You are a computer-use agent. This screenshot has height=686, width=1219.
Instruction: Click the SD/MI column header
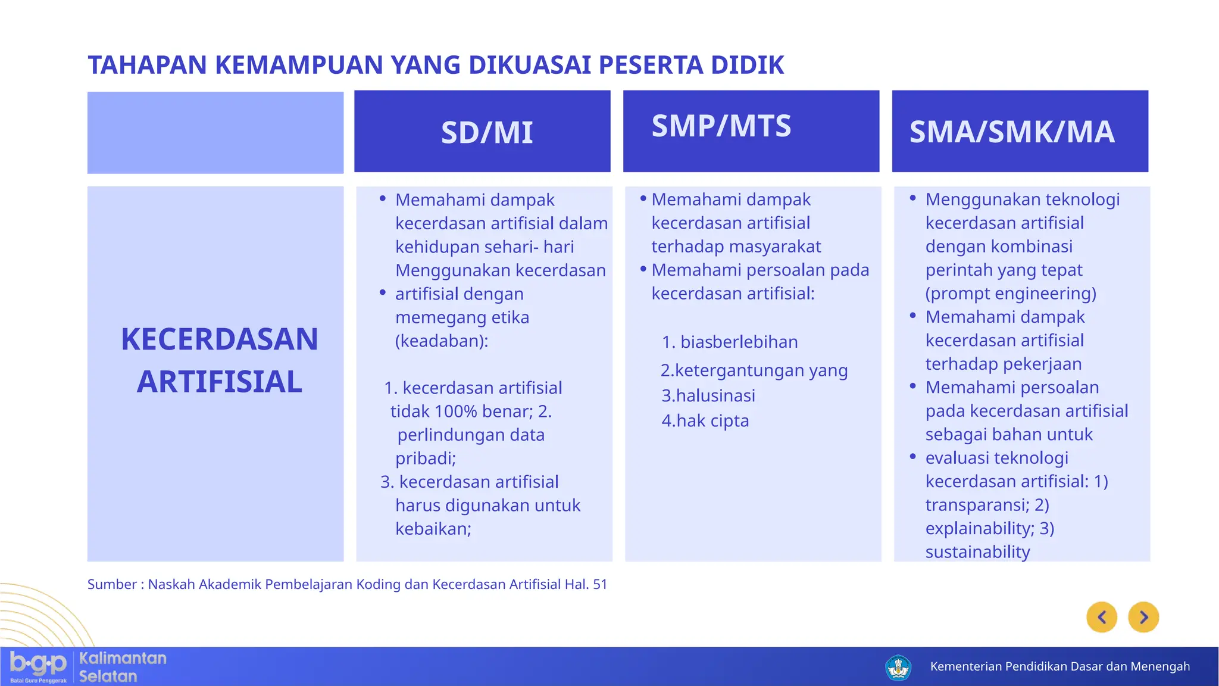486,132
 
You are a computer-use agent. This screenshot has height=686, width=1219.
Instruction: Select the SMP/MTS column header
721,126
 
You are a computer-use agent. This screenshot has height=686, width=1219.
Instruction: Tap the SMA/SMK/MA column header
1011,132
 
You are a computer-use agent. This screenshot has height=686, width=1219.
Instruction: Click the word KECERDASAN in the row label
219,339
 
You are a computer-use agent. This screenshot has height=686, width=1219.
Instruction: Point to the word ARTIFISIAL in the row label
219,382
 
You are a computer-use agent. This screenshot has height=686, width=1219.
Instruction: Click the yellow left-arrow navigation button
1102,617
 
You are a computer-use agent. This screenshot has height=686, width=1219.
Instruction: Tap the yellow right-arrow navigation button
1143,617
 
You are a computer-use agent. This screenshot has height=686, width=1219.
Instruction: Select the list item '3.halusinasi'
708,395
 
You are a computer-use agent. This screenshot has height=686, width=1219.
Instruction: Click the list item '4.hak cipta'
705,420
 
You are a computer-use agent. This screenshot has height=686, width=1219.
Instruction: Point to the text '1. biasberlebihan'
730,342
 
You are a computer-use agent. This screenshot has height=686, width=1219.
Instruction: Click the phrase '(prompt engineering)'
1011,294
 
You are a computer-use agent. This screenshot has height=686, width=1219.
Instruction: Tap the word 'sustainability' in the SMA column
977,552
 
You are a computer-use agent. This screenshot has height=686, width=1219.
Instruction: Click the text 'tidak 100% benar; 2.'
471,411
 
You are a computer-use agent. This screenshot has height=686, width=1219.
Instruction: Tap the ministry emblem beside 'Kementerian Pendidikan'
898,667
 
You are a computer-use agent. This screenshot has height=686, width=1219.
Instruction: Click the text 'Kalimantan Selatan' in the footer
122,667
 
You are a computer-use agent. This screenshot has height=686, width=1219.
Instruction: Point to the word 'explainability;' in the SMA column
980,528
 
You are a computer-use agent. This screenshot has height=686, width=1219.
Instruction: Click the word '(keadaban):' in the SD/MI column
442,341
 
